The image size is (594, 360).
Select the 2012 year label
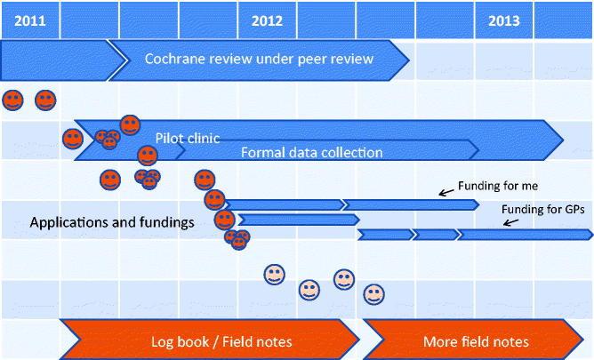[267, 20]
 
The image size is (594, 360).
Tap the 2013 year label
[504, 20]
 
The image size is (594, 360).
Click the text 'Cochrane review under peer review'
[259, 60]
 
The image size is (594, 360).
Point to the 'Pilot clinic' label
[188, 139]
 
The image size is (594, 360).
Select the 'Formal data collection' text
[311, 152]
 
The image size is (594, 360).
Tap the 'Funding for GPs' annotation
[543, 209]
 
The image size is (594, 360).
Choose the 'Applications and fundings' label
[112, 222]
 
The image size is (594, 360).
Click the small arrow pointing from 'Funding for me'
[445, 191]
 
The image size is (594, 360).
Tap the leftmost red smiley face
[13, 100]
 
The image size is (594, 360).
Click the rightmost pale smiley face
[373, 292]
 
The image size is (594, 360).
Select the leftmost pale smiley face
[275, 274]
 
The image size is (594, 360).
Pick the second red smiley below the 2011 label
[44, 100]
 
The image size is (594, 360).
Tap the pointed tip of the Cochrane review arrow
[408, 60]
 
